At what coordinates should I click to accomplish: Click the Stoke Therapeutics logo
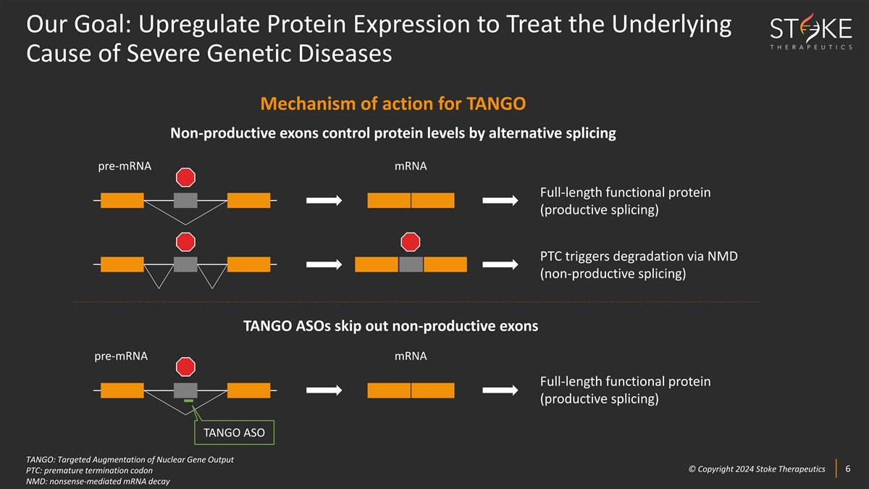811,31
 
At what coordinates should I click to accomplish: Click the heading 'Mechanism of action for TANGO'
393,104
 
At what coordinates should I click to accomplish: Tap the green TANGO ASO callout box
235,432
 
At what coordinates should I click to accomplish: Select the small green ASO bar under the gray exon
188,401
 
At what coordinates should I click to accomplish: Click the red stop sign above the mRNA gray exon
411,242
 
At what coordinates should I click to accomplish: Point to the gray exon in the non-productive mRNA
411,264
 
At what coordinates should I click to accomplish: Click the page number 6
848,469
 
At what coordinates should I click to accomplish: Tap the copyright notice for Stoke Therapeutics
757,469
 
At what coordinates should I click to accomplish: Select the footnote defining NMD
98,481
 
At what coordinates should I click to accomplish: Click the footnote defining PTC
89,470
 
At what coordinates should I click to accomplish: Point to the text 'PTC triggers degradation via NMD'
639,256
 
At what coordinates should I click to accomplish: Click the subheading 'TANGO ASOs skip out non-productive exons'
390,326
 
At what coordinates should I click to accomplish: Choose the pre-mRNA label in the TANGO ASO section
121,356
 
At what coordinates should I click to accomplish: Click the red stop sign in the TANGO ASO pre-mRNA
185,367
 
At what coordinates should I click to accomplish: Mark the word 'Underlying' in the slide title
671,25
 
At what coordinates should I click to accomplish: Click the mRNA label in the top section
411,166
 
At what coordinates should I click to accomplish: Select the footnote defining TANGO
130,459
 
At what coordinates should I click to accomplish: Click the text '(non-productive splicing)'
613,274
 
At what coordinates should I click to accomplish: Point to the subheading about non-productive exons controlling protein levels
393,133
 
